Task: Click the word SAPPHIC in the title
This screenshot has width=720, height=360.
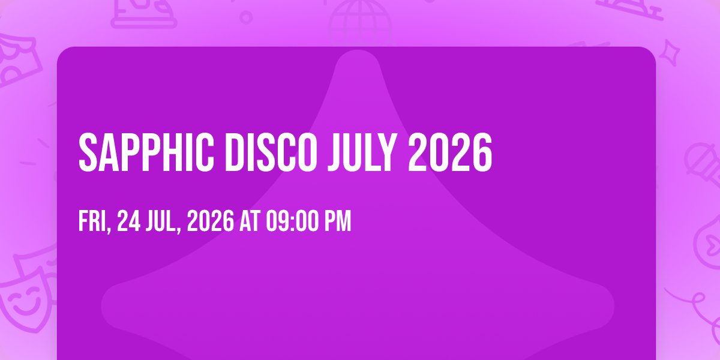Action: pos(146,152)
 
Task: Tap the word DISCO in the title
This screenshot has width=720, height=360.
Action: pos(271,152)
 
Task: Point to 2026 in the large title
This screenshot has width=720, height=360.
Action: pos(450,152)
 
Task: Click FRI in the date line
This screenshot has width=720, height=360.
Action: pos(92,221)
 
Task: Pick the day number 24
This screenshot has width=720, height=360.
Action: pos(128,221)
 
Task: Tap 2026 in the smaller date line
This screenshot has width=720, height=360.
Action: pos(211,221)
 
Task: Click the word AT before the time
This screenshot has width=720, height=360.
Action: pos(250,221)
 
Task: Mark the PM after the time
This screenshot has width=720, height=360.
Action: pos(338,221)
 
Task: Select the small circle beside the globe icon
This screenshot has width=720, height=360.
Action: pos(246,17)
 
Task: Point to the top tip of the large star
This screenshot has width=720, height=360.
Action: pos(358,50)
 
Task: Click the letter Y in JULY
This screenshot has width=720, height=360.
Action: pos(386,152)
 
